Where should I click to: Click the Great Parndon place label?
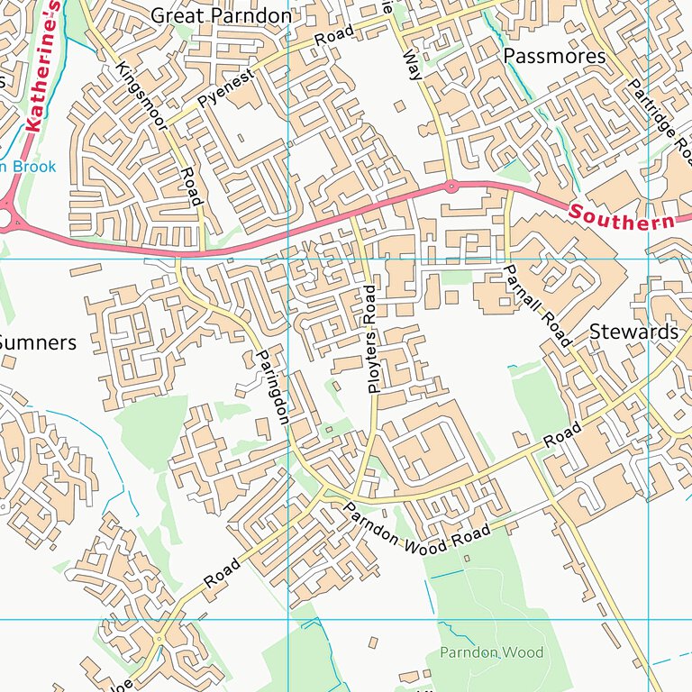coord(221,16)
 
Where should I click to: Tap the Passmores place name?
coord(554,56)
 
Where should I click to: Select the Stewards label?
coord(633,332)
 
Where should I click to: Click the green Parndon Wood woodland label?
coord(491,651)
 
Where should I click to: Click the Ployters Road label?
coord(372,338)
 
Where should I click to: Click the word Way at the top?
coord(414,65)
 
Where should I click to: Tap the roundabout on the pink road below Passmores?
coord(451,187)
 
